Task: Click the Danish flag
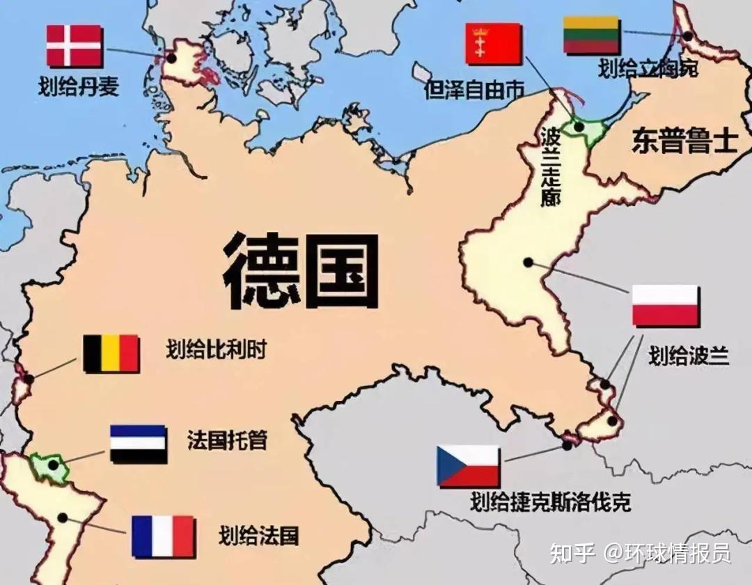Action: pos(74,46)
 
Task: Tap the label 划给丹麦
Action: pos(78,86)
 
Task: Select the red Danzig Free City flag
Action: pos(493,44)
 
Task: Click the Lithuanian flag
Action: pos(591,36)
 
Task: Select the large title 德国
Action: pos(301,272)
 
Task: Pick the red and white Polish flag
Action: pos(665,306)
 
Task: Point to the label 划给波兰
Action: pos(688,355)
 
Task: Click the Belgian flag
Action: pos(111,353)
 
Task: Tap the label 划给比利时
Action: pos(216,350)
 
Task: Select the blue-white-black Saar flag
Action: pos(138,444)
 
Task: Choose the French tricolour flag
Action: pos(162,536)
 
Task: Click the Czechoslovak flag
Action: pos(468,466)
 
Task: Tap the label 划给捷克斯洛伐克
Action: pos(550,501)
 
